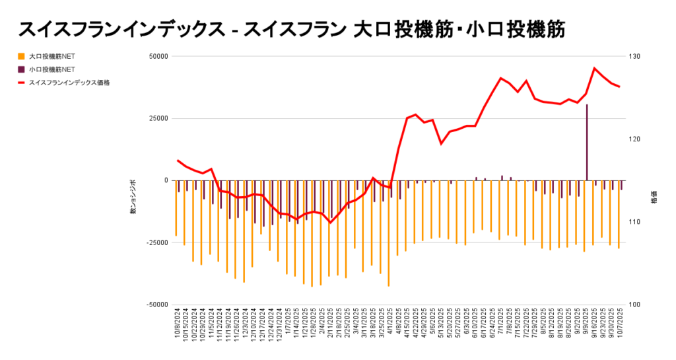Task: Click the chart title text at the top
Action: click(x=291, y=28)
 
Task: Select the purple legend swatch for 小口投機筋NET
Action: click(x=22, y=69)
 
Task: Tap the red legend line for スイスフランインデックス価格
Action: click(x=22, y=83)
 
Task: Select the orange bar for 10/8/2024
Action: click(x=176, y=208)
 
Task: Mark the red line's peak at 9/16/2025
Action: click(x=595, y=68)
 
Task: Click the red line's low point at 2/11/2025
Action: click(x=330, y=223)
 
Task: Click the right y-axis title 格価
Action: click(x=654, y=198)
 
